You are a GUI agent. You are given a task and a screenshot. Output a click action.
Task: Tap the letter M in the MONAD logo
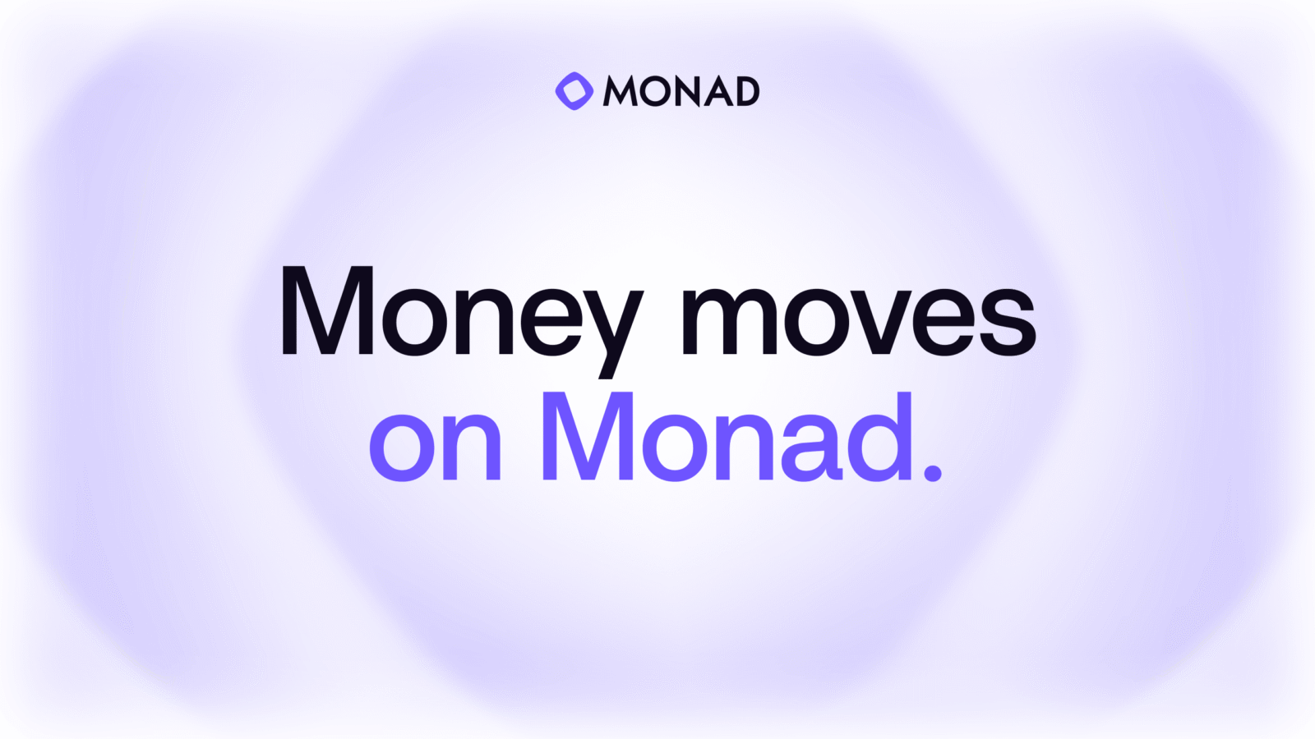coord(621,91)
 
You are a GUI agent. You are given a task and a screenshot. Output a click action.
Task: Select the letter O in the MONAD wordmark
coord(656,91)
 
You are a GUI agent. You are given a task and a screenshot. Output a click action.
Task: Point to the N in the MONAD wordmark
coord(688,91)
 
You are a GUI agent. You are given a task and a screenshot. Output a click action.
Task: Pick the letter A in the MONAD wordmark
coord(719,91)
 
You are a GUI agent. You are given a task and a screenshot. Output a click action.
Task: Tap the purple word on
coord(435,447)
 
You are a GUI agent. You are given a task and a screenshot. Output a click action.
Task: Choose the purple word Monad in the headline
coord(729,436)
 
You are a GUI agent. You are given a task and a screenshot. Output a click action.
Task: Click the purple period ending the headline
coord(933,471)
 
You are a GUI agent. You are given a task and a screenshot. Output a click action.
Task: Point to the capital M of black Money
coord(328,310)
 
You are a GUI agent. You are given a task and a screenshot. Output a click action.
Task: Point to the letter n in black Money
coord(485,321)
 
